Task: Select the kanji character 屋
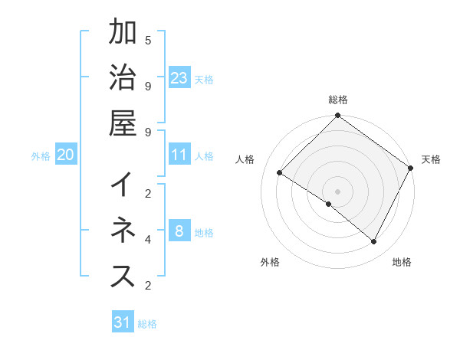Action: [x=123, y=123]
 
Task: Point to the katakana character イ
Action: [x=123, y=185]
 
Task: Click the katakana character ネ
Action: [x=123, y=231]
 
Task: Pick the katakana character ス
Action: [x=123, y=277]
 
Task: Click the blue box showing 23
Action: [x=179, y=77]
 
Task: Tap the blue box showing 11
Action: [x=179, y=155]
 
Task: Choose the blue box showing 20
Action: [x=66, y=155]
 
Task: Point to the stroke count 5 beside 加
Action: [x=148, y=39]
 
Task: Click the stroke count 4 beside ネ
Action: [x=148, y=239]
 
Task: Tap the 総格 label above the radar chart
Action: [x=338, y=100]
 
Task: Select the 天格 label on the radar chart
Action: [x=431, y=159]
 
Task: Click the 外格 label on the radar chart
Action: [x=270, y=262]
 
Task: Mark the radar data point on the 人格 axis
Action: [x=280, y=173]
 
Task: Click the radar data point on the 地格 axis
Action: [x=374, y=242]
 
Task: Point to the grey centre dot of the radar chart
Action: [x=338, y=191]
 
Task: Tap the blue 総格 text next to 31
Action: [x=147, y=324]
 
